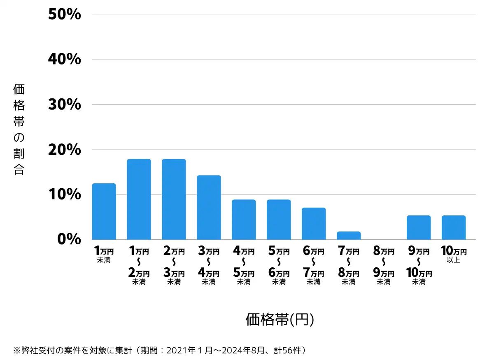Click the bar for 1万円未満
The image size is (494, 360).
[x=104, y=211]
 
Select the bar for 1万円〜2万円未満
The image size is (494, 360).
[x=139, y=199]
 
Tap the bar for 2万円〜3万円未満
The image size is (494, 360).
[x=174, y=199]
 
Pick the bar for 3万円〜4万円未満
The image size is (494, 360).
[x=209, y=207]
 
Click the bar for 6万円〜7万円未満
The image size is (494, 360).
[x=314, y=224]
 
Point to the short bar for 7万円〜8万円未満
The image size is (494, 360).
[x=349, y=236]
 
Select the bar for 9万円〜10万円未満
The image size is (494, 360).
[x=419, y=227]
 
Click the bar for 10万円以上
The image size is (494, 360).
[x=454, y=227]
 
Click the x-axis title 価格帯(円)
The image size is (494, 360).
[x=280, y=319]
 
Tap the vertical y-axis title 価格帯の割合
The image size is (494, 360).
[x=19, y=129]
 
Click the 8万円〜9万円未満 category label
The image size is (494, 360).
[x=384, y=266]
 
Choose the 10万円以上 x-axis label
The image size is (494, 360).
[x=454, y=255]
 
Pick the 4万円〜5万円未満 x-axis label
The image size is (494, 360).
[x=244, y=266]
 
